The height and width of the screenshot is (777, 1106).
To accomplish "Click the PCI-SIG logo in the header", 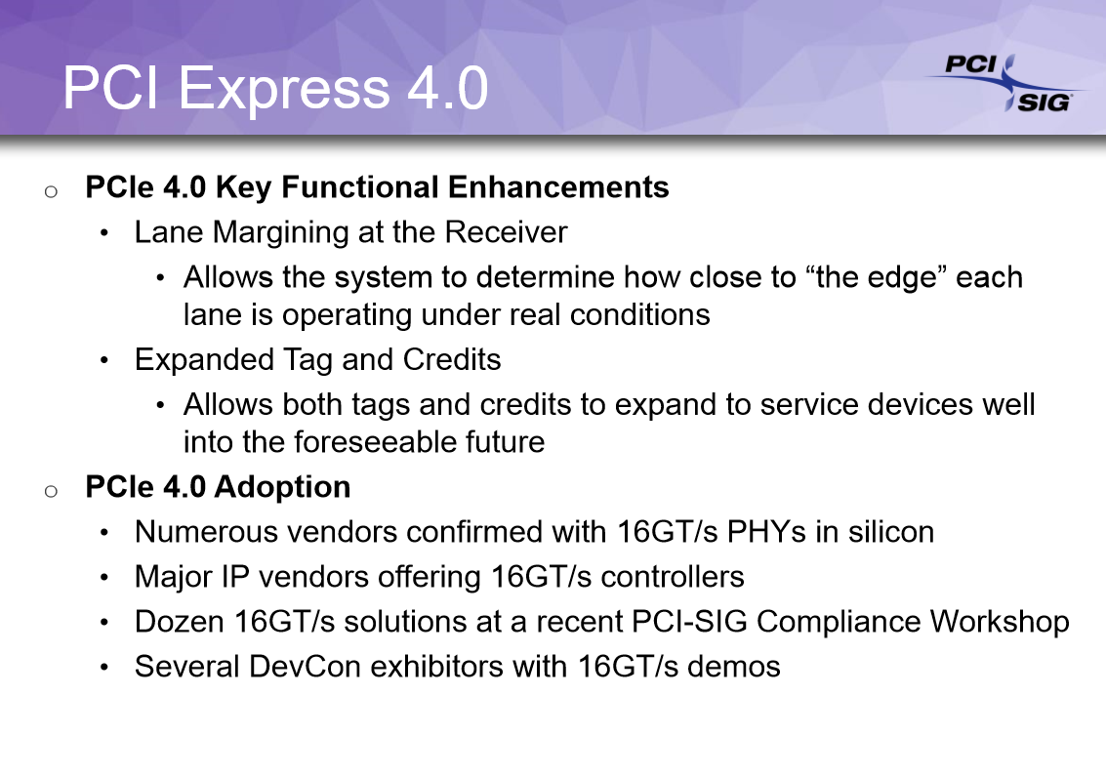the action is (1005, 83).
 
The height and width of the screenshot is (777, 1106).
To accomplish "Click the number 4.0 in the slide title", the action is (447, 88).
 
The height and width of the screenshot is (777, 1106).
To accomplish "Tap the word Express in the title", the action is (283, 90).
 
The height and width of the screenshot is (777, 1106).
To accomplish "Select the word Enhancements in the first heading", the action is (558, 186).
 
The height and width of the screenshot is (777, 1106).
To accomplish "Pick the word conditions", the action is (639, 314).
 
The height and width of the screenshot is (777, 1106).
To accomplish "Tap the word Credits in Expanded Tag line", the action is (452, 359).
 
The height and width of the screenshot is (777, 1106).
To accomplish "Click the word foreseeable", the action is (375, 442).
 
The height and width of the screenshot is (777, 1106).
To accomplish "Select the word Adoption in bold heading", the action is (282, 487).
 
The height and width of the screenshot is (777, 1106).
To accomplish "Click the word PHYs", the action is (766, 532).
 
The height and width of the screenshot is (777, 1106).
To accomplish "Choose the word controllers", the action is (673, 577).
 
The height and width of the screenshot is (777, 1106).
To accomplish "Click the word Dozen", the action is (180, 622).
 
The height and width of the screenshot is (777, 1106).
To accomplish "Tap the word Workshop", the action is (1000, 622).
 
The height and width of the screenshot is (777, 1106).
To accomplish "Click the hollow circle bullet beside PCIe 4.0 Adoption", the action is (51, 491).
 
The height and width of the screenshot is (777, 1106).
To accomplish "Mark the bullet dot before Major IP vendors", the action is (104, 578).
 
